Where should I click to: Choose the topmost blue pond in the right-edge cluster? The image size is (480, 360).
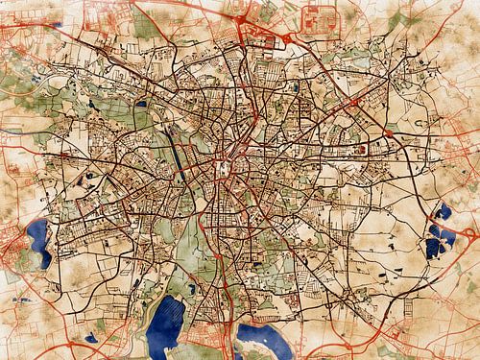[444, 211]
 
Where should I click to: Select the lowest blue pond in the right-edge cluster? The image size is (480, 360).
[437, 249]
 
